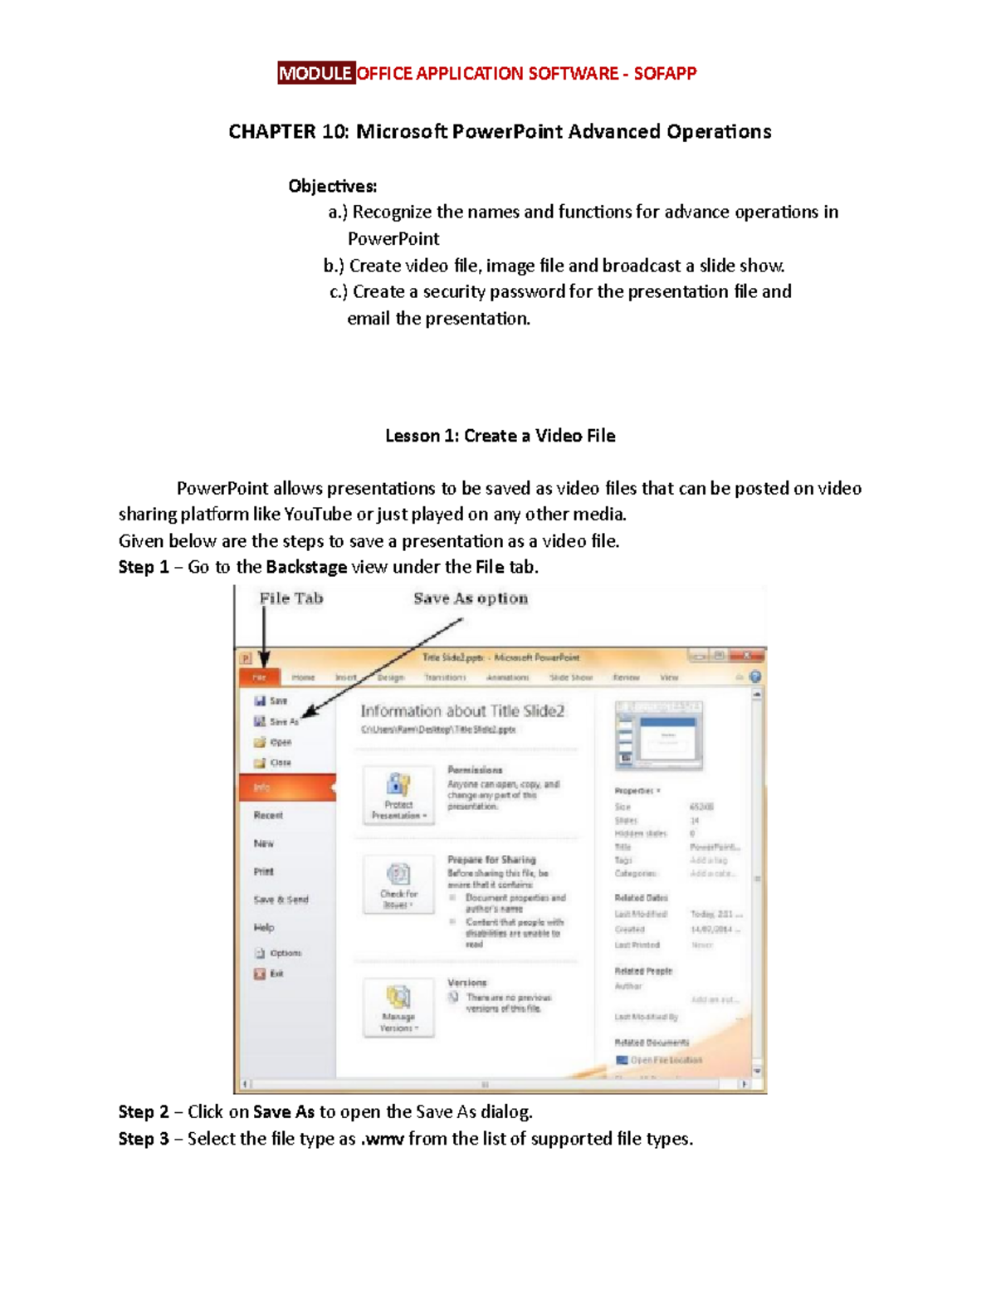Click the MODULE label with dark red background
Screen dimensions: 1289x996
point(315,73)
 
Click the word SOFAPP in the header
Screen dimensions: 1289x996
point(665,73)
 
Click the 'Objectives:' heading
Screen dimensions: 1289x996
point(332,186)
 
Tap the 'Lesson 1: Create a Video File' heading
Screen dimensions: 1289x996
point(500,436)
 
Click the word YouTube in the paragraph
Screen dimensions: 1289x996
point(318,515)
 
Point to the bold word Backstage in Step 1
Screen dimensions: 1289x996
point(306,567)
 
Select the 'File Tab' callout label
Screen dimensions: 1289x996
point(290,598)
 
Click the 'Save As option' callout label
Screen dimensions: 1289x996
point(471,598)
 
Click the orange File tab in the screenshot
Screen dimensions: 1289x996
point(260,677)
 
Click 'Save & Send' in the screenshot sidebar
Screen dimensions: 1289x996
point(281,900)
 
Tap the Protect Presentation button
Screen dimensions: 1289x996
point(398,794)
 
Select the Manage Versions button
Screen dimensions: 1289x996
point(398,1007)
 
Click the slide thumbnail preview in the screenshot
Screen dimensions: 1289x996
point(658,735)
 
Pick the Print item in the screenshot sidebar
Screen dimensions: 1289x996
point(264,872)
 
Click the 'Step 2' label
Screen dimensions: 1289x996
point(144,1112)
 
